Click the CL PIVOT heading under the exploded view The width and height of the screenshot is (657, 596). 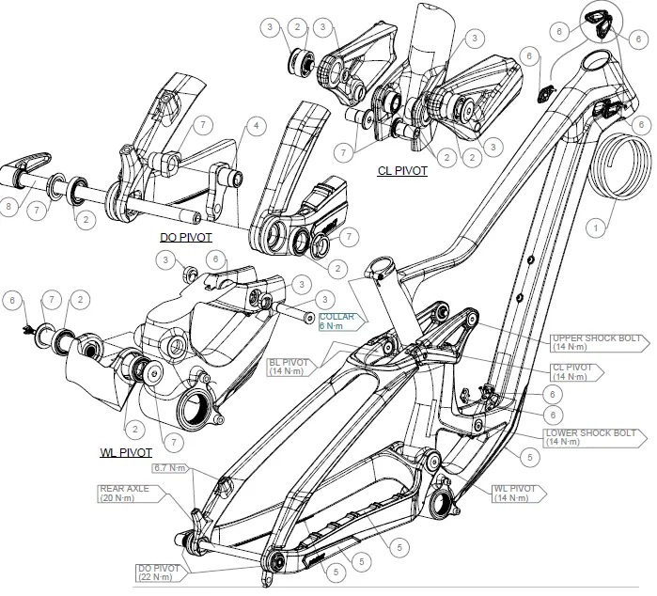(x=402, y=172)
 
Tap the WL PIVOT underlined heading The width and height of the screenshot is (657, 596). (x=126, y=452)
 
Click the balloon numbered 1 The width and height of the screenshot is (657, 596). (x=593, y=227)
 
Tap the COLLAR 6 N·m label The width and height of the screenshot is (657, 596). (x=336, y=322)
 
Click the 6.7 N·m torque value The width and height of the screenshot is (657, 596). (x=172, y=467)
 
